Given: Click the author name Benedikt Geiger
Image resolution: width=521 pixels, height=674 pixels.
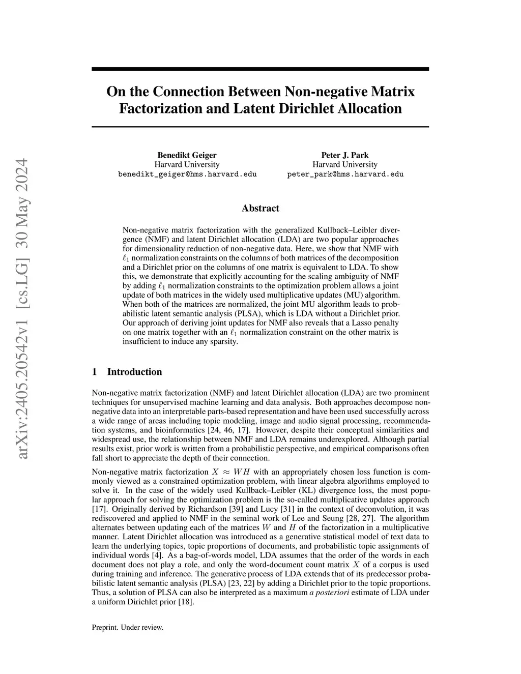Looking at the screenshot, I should pos(187,155).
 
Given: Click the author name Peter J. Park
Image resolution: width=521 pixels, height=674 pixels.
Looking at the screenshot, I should pos(345,155).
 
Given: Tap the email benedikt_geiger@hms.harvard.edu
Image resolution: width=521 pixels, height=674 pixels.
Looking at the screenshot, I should pos(187,174).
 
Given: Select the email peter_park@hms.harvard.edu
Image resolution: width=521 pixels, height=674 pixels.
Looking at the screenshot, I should pos(345,174).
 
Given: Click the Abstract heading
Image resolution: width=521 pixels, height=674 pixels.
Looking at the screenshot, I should pos(260,208).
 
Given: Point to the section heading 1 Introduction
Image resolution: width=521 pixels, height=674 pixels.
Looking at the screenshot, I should pos(127,372).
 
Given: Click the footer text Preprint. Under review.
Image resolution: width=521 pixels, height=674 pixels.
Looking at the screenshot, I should pos(127,628).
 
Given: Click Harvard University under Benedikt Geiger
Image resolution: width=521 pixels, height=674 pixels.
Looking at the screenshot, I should pos(187,164).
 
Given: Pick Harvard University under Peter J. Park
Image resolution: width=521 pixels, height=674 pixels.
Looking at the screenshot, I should pos(345,164).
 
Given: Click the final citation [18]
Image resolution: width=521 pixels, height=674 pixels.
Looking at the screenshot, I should pos(185,602).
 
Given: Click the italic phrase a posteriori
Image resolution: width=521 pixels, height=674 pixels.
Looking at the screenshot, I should pos(329,593).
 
